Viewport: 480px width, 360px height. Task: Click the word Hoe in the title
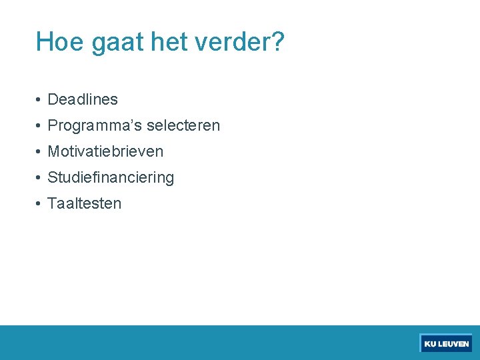[x=60, y=42]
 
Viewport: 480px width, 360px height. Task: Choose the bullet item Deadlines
[x=83, y=100]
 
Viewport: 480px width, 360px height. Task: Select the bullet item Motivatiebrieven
[x=105, y=152]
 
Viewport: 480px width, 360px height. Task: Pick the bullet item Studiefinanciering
[x=111, y=178]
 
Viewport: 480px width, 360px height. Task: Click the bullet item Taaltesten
[x=85, y=204]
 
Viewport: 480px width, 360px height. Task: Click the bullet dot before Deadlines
[x=40, y=101]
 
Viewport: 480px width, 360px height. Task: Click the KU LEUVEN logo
[x=446, y=343]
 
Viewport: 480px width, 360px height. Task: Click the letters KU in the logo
[x=430, y=344]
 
